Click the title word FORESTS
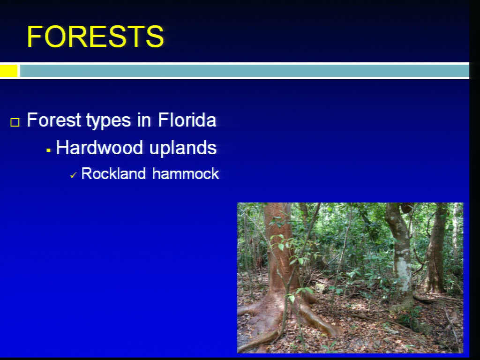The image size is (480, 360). pos(95,37)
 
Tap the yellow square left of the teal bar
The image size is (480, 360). pos(8,71)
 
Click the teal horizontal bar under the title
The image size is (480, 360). pos(244,71)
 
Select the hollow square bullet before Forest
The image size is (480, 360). pos(15,122)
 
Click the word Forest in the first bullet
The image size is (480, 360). pos(54,120)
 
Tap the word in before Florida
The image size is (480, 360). pos(144,120)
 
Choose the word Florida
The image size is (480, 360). pos(187,120)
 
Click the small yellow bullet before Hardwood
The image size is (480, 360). pos(48,150)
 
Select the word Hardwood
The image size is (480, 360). pos(99,148)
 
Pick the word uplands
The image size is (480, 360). pos(183,149)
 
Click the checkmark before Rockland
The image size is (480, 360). pos(74,175)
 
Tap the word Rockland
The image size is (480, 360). pos(113,173)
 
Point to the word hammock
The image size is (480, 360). pos(186,173)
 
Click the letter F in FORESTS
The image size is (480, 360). pos(35,37)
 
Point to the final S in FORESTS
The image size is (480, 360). pos(155,37)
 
